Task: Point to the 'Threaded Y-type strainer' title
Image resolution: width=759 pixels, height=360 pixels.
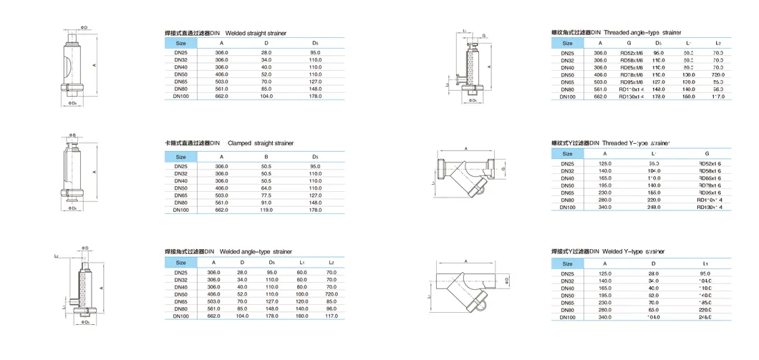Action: (637, 143)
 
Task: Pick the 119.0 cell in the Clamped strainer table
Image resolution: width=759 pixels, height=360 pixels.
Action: (266, 210)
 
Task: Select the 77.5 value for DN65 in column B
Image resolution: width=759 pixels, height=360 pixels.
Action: (266, 195)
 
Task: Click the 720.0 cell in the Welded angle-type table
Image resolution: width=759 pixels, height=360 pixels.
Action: (331, 294)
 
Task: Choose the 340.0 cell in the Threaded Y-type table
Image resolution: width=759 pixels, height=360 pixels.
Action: (604, 207)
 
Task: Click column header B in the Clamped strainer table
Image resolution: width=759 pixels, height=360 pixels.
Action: (266, 157)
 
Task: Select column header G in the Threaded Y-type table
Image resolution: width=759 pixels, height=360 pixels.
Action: (707, 153)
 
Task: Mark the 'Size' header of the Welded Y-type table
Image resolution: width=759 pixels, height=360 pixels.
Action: (567, 263)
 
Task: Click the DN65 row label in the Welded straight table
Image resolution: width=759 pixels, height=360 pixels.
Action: (181, 82)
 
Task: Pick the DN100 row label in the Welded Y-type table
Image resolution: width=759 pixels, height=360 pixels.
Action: (567, 317)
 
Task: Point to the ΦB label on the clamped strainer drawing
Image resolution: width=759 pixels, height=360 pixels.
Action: (72, 135)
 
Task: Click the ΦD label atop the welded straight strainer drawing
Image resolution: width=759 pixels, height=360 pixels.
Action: (84, 27)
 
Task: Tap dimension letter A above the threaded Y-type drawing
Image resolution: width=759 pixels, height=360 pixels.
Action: (466, 149)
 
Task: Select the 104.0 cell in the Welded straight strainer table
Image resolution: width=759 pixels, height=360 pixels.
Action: (266, 96)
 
